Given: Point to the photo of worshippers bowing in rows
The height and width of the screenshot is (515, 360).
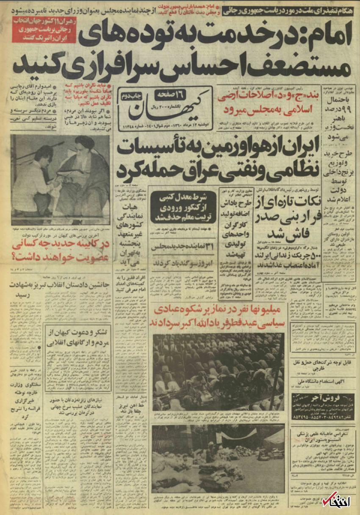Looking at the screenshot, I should tap(219, 366).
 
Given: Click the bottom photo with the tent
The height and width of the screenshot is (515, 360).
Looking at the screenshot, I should tap(219, 460).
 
